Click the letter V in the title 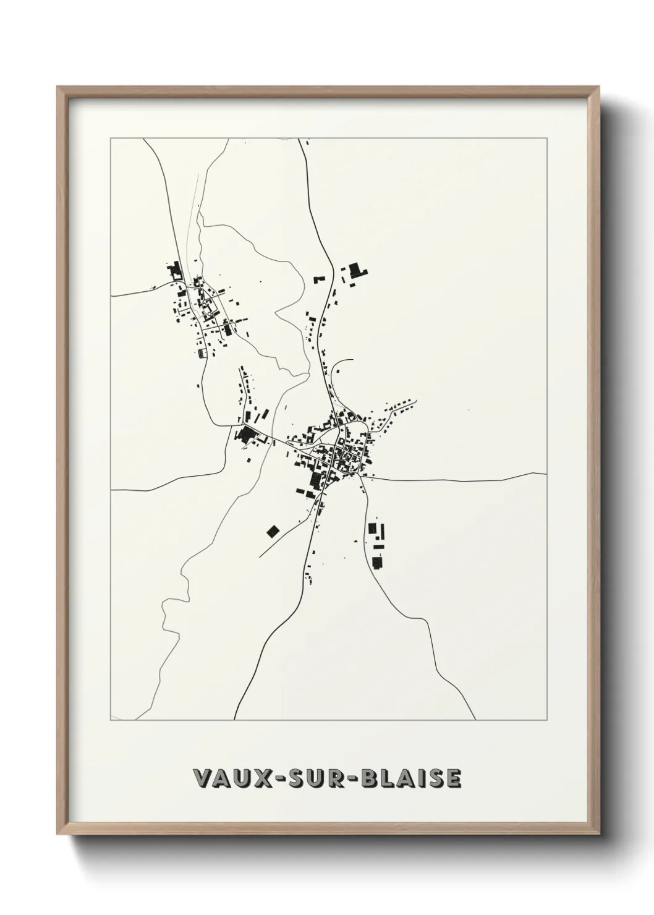[x=202, y=778]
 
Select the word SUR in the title [x=325, y=778]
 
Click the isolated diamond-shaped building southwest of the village [x=273, y=530]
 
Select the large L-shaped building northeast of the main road [x=355, y=271]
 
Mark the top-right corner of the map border [x=548, y=138]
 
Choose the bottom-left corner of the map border [x=111, y=720]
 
